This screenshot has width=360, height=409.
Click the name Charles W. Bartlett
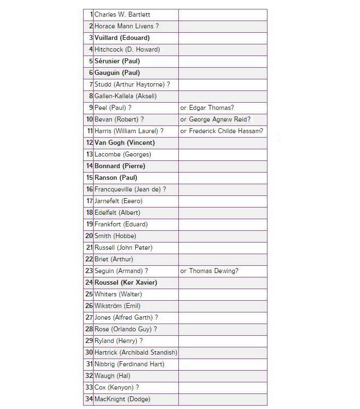pyautogui.click(x=122, y=14)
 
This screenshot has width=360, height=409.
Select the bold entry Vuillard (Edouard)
pyautogui.click(x=122, y=38)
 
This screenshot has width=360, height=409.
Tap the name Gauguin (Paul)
pyautogui.click(x=117, y=73)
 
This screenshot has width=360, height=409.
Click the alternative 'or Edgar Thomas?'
pyautogui.click(x=207, y=108)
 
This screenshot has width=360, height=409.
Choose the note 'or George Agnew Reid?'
pyautogui.click(x=215, y=119)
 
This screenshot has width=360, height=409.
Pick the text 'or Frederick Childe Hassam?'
pyautogui.click(x=222, y=131)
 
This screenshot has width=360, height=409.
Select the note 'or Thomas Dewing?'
pyautogui.click(x=209, y=271)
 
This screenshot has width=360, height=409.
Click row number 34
pyautogui.click(x=89, y=399)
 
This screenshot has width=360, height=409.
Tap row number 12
pyautogui.click(x=89, y=143)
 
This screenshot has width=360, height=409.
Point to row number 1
pyautogui.click(x=91, y=14)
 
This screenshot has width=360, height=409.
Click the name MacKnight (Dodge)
pyautogui.click(x=122, y=399)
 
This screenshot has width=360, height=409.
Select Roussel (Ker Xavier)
pyautogui.click(x=126, y=282)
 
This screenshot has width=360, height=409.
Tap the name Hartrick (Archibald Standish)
pyautogui.click(x=136, y=352)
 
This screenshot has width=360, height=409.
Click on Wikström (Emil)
pyautogui.click(x=117, y=306)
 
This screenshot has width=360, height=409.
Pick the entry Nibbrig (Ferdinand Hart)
pyautogui.click(x=129, y=364)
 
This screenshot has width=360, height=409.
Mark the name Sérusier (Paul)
pyautogui.click(x=117, y=61)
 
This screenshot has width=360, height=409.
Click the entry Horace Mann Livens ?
pyautogui.click(x=126, y=26)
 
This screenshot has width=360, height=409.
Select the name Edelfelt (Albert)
pyautogui.click(x=117, y=213)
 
